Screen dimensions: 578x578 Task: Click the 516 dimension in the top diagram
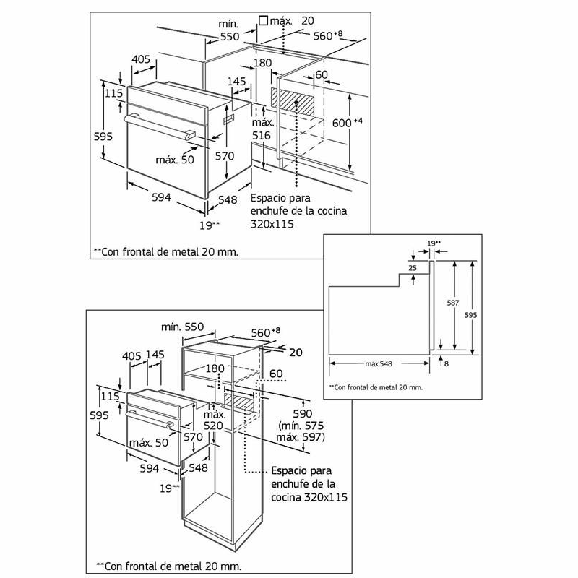tap(261, 135)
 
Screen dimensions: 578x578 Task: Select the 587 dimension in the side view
tap(447, 304)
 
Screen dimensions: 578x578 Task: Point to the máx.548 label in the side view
tap(380, 363)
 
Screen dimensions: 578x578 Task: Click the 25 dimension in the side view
tap(413, 268)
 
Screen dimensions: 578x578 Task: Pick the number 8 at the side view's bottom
tap(447, 363)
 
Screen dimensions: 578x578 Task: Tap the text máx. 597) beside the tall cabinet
tap(301, 437)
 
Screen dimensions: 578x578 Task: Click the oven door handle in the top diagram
tap(159, 124)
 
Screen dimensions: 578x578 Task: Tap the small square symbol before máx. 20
tap(264, 22)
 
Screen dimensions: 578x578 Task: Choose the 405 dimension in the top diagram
tap(141, 59)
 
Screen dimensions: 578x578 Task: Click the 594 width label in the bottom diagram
tap(149, 469)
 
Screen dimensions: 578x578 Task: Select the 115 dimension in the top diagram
tap(113, 93)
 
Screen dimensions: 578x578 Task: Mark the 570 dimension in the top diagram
tap(225, 155)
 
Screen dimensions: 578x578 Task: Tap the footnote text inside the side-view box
tap(376, 387)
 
